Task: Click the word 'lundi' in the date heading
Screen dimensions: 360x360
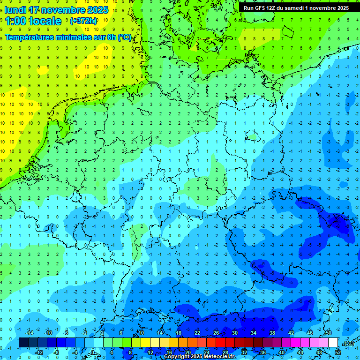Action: pyautogui.click(x=15, y=10)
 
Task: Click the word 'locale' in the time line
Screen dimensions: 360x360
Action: pyautogui.click(x=45, y=21)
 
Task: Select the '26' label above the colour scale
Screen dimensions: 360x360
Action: pyautogui.click(x=216, y=333)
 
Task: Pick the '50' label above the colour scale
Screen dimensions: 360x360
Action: pyautogui.click(x=328, y=333)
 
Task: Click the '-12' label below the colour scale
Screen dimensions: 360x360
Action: pyautogui.click(x=39, y=352)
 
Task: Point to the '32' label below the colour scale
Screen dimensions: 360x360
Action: pyautogui.click(x=244, y=352)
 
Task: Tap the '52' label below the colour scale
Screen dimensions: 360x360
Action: pyautogui.click(x=337, y=352)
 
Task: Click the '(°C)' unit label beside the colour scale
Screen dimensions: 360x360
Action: pyautogui.click(x=348, y=343)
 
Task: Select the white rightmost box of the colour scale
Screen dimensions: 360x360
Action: pyautogui.click(x=333, y=343)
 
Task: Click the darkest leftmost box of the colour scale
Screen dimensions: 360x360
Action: pyautogui.click(x=23, y=343)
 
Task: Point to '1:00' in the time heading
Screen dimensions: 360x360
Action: pyautogui.click(x=15, y=21)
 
